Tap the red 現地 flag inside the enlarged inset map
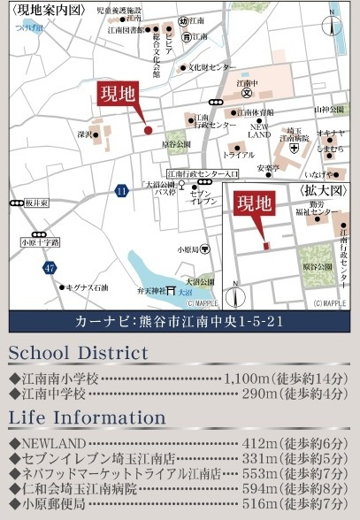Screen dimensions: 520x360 (253, 204)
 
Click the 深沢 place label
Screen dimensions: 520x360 (85, 135)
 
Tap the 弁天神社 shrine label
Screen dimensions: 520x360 (149, 288)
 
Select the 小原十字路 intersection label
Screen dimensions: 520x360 (39, 241)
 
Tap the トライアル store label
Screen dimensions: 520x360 (238, 154)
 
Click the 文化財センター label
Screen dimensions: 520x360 (210, 66)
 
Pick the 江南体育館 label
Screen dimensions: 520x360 (256, 112)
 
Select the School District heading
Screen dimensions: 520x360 (78, 354)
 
